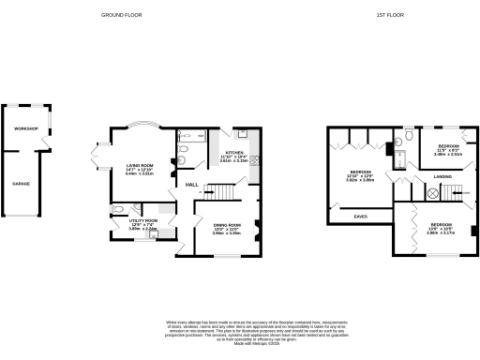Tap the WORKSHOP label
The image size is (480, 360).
(x=24, y=128)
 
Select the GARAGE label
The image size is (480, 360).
(x=21, y=184)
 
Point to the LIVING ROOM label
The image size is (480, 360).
(x=141, y=167)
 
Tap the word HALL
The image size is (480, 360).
(x=191, y=184)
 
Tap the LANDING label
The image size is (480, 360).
(x=442, y=176)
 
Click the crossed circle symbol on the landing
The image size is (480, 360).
(x=432, y=193)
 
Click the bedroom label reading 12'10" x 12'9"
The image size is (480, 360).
(x=361, y=175)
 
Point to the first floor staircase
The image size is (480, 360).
(x=457, y=192)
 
